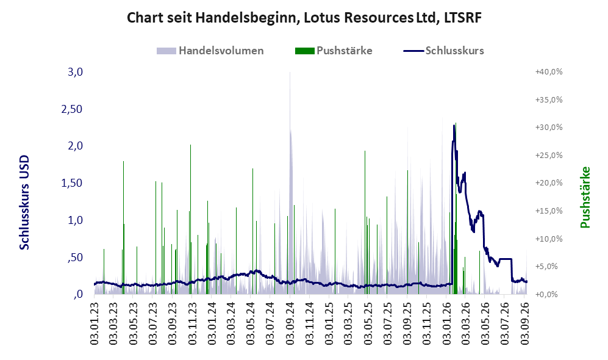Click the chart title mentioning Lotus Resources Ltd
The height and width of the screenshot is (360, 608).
(x=304, y=18)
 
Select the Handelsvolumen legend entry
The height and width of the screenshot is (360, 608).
(x=210, y=51)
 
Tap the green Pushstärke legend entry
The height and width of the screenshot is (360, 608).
(x=334, y=51)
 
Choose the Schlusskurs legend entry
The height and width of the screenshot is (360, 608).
(x=443, y=51)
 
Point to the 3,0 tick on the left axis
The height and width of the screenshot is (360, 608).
(x=75, y=72)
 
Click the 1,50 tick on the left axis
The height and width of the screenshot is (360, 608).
(x=72, y=183)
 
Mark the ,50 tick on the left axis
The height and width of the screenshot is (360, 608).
(x=75, y=257)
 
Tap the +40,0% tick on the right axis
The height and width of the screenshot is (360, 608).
(x=549, y=72)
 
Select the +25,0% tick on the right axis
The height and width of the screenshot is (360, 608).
(x=549, y=155)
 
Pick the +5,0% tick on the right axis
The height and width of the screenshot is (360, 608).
(x=550, y=267)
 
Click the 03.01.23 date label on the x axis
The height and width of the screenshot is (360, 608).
(x=95, y=320)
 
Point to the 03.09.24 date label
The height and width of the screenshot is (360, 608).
(x=290, y=320)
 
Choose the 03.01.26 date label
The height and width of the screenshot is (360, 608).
(x=446, y=320)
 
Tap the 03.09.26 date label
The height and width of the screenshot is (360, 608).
(x=525, y=320)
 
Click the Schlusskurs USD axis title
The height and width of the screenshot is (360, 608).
(x=24, y=202)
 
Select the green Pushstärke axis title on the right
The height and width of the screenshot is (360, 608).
(x=585, y=197)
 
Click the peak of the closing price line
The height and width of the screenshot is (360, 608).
(x=454, y=125)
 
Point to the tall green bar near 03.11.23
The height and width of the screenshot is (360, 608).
(x=190, y=219)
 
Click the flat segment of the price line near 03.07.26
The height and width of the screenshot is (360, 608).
(x=506, y=259)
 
